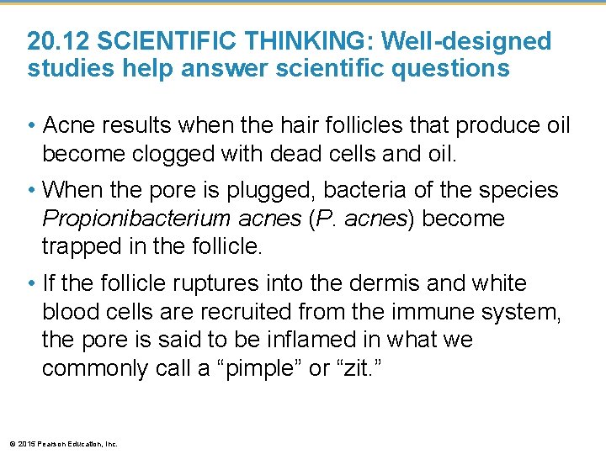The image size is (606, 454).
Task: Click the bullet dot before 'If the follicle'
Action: click(31, 284)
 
